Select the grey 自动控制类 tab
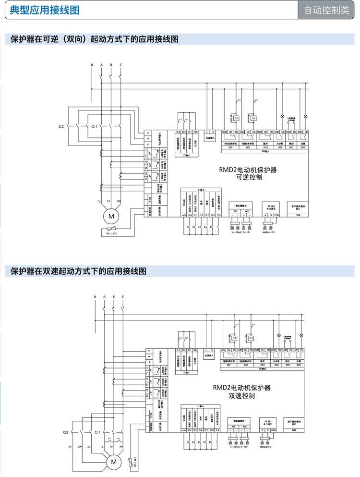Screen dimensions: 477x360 327,11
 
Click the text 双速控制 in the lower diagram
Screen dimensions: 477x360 241,396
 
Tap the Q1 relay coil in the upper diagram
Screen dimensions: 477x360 236,118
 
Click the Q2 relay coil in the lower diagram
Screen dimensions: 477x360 251,338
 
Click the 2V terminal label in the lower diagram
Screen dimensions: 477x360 70,447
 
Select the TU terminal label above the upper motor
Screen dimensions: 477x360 99,201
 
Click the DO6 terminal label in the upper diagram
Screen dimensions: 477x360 302,147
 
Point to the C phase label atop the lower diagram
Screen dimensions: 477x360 122,297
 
